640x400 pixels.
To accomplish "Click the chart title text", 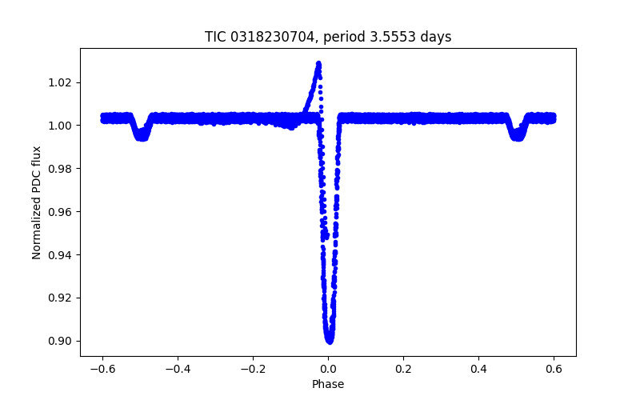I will click(328, 37).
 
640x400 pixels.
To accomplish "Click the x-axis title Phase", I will click(328, 384).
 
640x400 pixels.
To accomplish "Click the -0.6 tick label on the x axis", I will click(102, 368).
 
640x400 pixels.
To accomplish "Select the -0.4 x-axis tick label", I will click(177, 368).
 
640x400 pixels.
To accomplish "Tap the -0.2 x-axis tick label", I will click(252, 368).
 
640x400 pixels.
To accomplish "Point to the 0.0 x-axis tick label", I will click(328, 368).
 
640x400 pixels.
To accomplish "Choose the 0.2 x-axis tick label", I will click(403, 368).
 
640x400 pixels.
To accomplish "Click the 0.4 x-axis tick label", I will click(478, 368).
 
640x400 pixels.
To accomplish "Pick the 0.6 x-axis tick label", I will click(554, 368).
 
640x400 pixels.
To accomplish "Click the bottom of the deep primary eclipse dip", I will click(329, 339).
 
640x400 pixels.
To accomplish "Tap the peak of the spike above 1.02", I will click(318, 63).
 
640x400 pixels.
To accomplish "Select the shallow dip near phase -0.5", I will click(142, 137).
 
